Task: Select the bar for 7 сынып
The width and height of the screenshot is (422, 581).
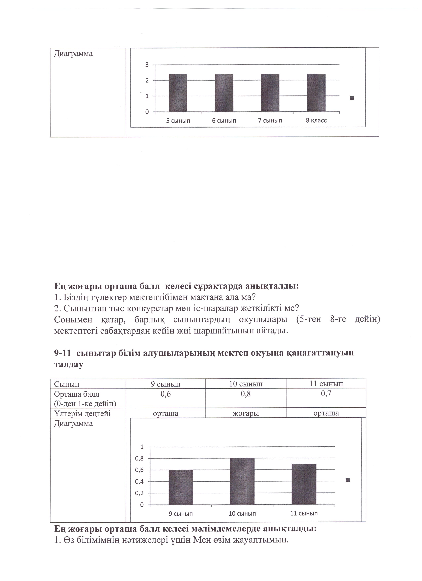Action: tap(270, 93)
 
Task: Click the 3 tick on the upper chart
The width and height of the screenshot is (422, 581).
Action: tap(147, 65)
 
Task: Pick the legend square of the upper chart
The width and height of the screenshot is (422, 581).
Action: tap(352, 98)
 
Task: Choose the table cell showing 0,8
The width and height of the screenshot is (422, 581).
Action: tap(246, 394)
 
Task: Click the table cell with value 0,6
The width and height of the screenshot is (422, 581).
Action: tap(166, 394)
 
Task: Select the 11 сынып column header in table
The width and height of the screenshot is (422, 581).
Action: tap(326, 384)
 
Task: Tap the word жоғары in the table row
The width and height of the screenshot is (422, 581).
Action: tap(246, 413)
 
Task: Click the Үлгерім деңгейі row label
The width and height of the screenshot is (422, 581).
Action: tap(82, 413)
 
